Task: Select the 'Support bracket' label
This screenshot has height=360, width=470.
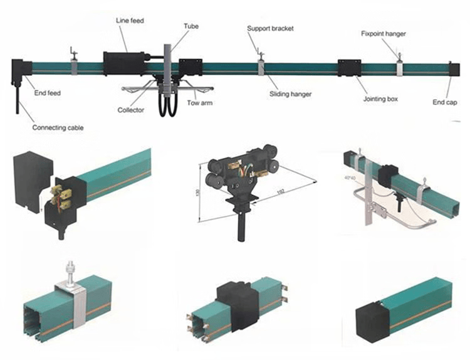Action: [270, 29]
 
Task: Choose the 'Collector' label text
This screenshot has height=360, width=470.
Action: [131, 110]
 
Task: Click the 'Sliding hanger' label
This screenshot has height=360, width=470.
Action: [290, 94]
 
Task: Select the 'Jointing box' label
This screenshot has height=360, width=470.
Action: [382, 98]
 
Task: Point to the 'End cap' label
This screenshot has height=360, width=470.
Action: [446, 100]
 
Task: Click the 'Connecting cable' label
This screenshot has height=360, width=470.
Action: [58, 127]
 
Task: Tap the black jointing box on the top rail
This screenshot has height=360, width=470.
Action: [350, 69]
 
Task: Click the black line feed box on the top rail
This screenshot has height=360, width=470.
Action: [125, 62]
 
